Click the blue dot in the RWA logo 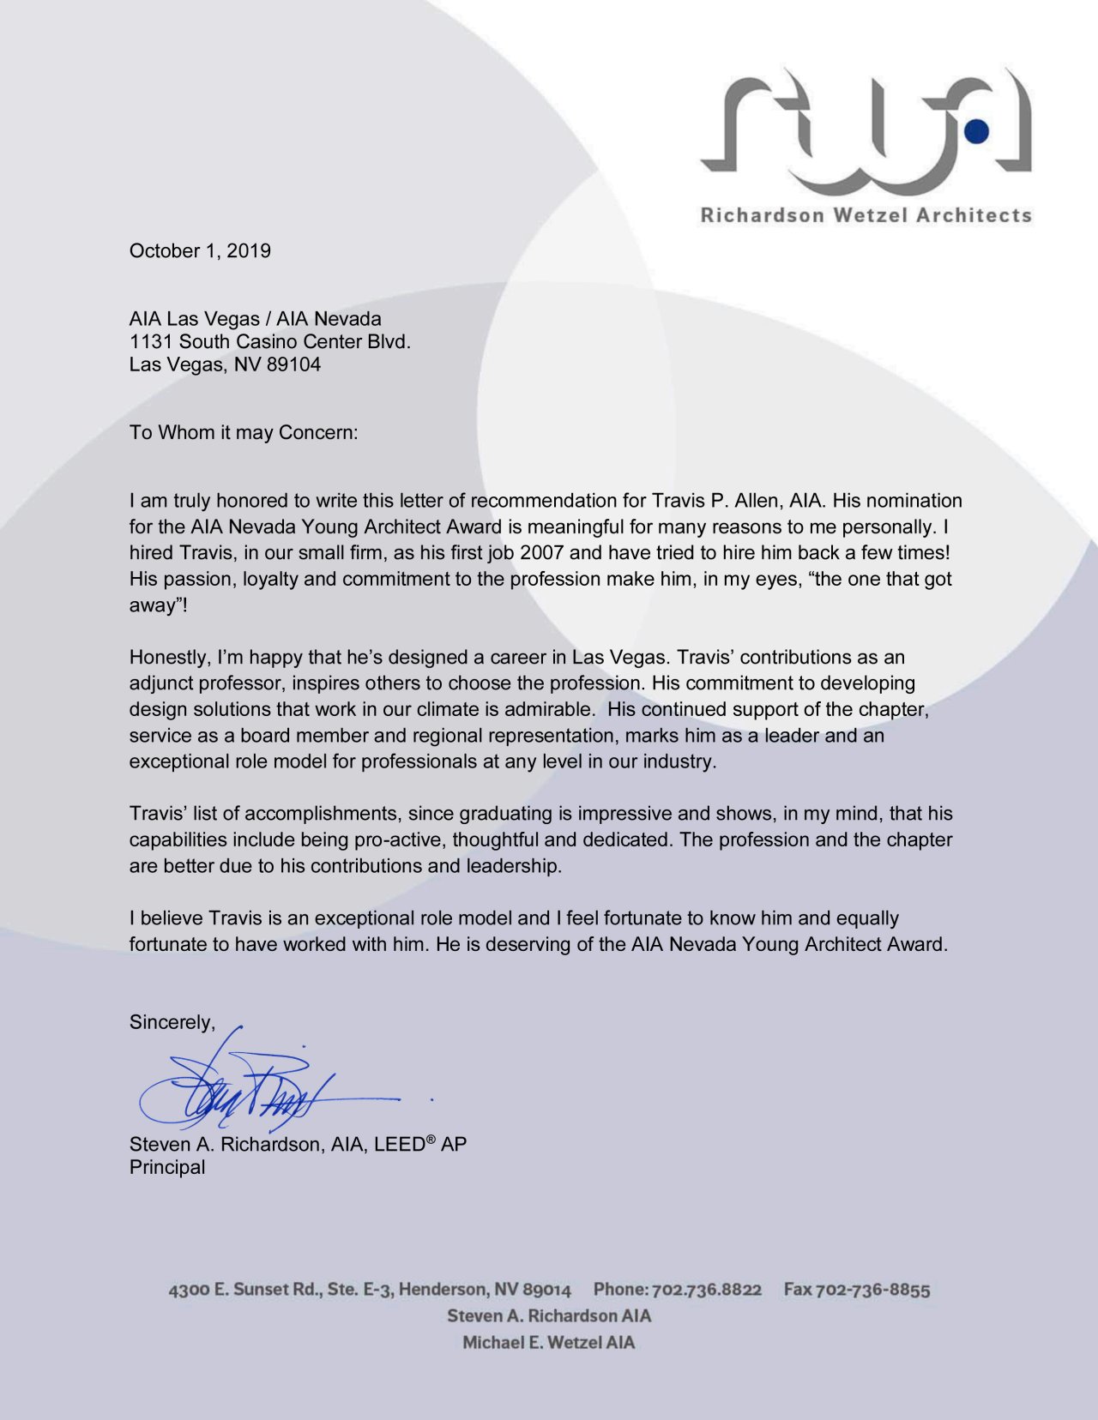(x=976, y=130)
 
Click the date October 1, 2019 (x=200, y=251)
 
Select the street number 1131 (x=151, y=341)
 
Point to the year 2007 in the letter (x=541, y=553)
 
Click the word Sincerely (x=171, y=1022)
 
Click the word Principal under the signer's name (x=167, y=1167)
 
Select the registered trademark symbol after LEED (x=431, y=1139)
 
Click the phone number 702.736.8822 (x=707, y=1290)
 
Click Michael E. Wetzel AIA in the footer (x=549, y=1343)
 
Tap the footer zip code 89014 (x=546, y=1290)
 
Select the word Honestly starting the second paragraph (x=166, y=658)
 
